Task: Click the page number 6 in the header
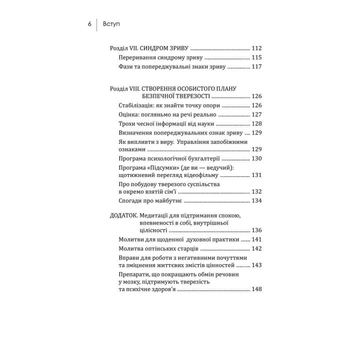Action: pos(89,23)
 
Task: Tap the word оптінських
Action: pos(164,248)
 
